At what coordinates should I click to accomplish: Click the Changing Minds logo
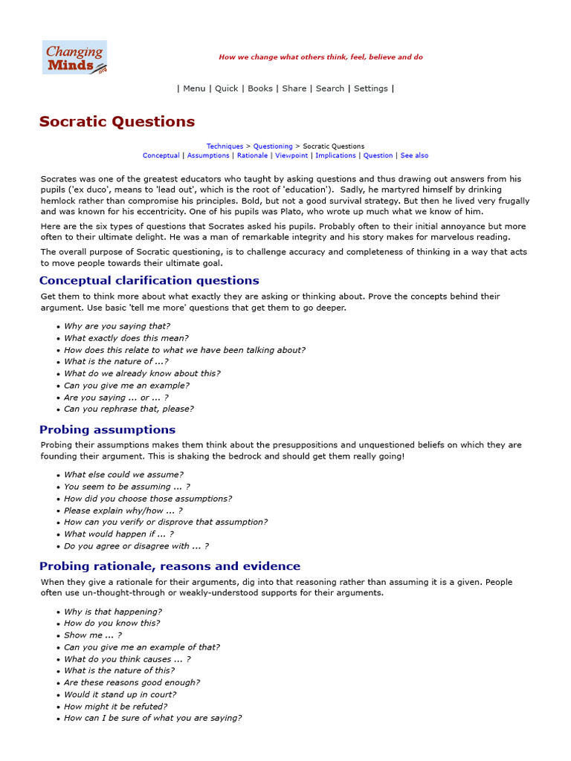pos(74,57)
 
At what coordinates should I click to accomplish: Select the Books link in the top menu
pos(260,88)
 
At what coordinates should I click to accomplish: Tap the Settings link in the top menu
pos(370,88)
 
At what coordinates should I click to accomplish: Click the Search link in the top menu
pos(329,88)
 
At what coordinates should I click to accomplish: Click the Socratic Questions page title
pos(117,122)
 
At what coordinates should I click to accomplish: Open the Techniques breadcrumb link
pos(225,146)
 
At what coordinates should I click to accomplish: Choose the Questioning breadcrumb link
pos(273,146)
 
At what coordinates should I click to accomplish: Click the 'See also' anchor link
pos(414,156)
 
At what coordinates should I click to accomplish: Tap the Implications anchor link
pos(336,156)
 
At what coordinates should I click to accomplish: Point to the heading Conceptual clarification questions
pos(149,281)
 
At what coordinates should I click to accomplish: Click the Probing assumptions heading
pos(107,430)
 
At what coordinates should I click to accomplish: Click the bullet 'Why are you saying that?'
pos(117,326)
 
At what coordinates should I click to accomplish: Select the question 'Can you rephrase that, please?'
pos(129,409)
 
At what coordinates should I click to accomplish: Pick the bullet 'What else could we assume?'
pos(123,475)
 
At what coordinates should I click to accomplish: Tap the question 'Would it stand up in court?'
pos(120,695)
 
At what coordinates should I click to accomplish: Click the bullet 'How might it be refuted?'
pos(115,707)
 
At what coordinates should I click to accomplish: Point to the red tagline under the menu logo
pos(320,57)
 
